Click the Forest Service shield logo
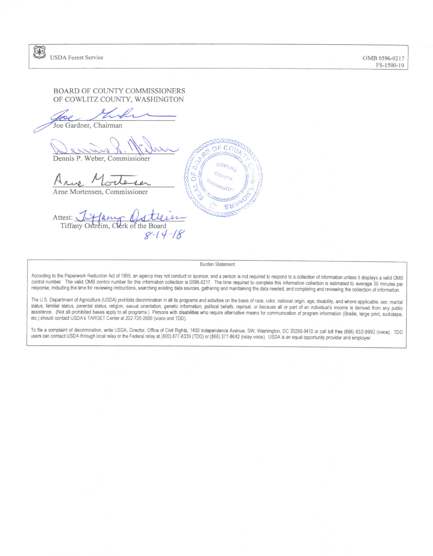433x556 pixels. (39, 53)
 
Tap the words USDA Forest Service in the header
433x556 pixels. (76, 58)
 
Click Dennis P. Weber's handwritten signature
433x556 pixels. (114, 147)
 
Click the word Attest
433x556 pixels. (62, 218)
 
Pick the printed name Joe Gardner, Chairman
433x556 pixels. (88, 125)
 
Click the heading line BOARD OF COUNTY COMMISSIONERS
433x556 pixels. (119, 91)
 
